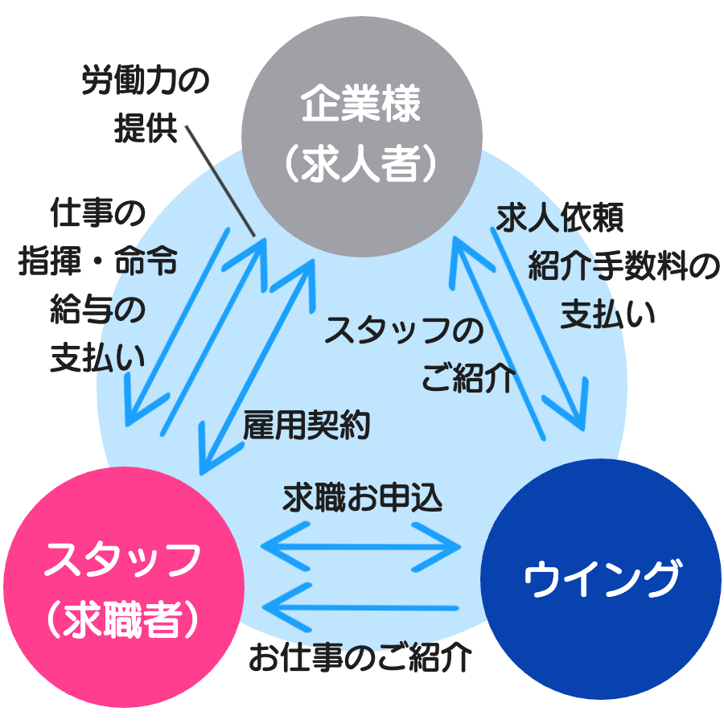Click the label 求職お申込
click(363, 498)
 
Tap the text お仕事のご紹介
click(359, 658)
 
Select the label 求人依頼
click(560, 217)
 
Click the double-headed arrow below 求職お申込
click(361, 547)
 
